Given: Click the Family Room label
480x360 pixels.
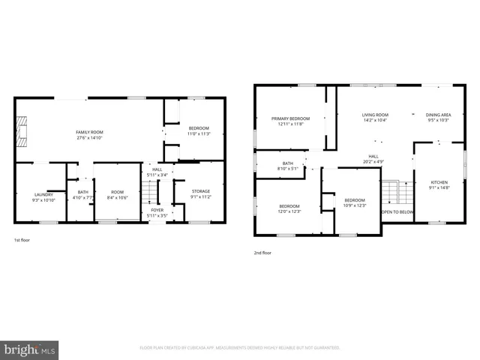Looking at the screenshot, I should pos(88,132).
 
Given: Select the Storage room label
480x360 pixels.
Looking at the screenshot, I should pos(201,191).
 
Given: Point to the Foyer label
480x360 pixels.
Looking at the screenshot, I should pos(157,210).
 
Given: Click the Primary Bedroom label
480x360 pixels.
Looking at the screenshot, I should pos(290,118).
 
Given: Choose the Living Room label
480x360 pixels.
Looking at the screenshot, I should pos(375,115).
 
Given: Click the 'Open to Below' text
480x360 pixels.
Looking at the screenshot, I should pos(397,212).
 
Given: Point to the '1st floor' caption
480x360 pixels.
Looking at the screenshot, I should pos(22,240).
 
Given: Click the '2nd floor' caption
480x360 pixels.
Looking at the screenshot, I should pos(262,253).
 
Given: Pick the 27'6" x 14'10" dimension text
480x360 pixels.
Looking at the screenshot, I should pos(88,138).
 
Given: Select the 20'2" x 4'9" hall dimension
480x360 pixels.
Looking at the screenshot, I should pos(373,161).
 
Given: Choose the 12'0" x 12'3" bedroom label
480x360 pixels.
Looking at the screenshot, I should pos(289,211).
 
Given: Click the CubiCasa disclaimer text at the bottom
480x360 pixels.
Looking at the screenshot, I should pos(240,347).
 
